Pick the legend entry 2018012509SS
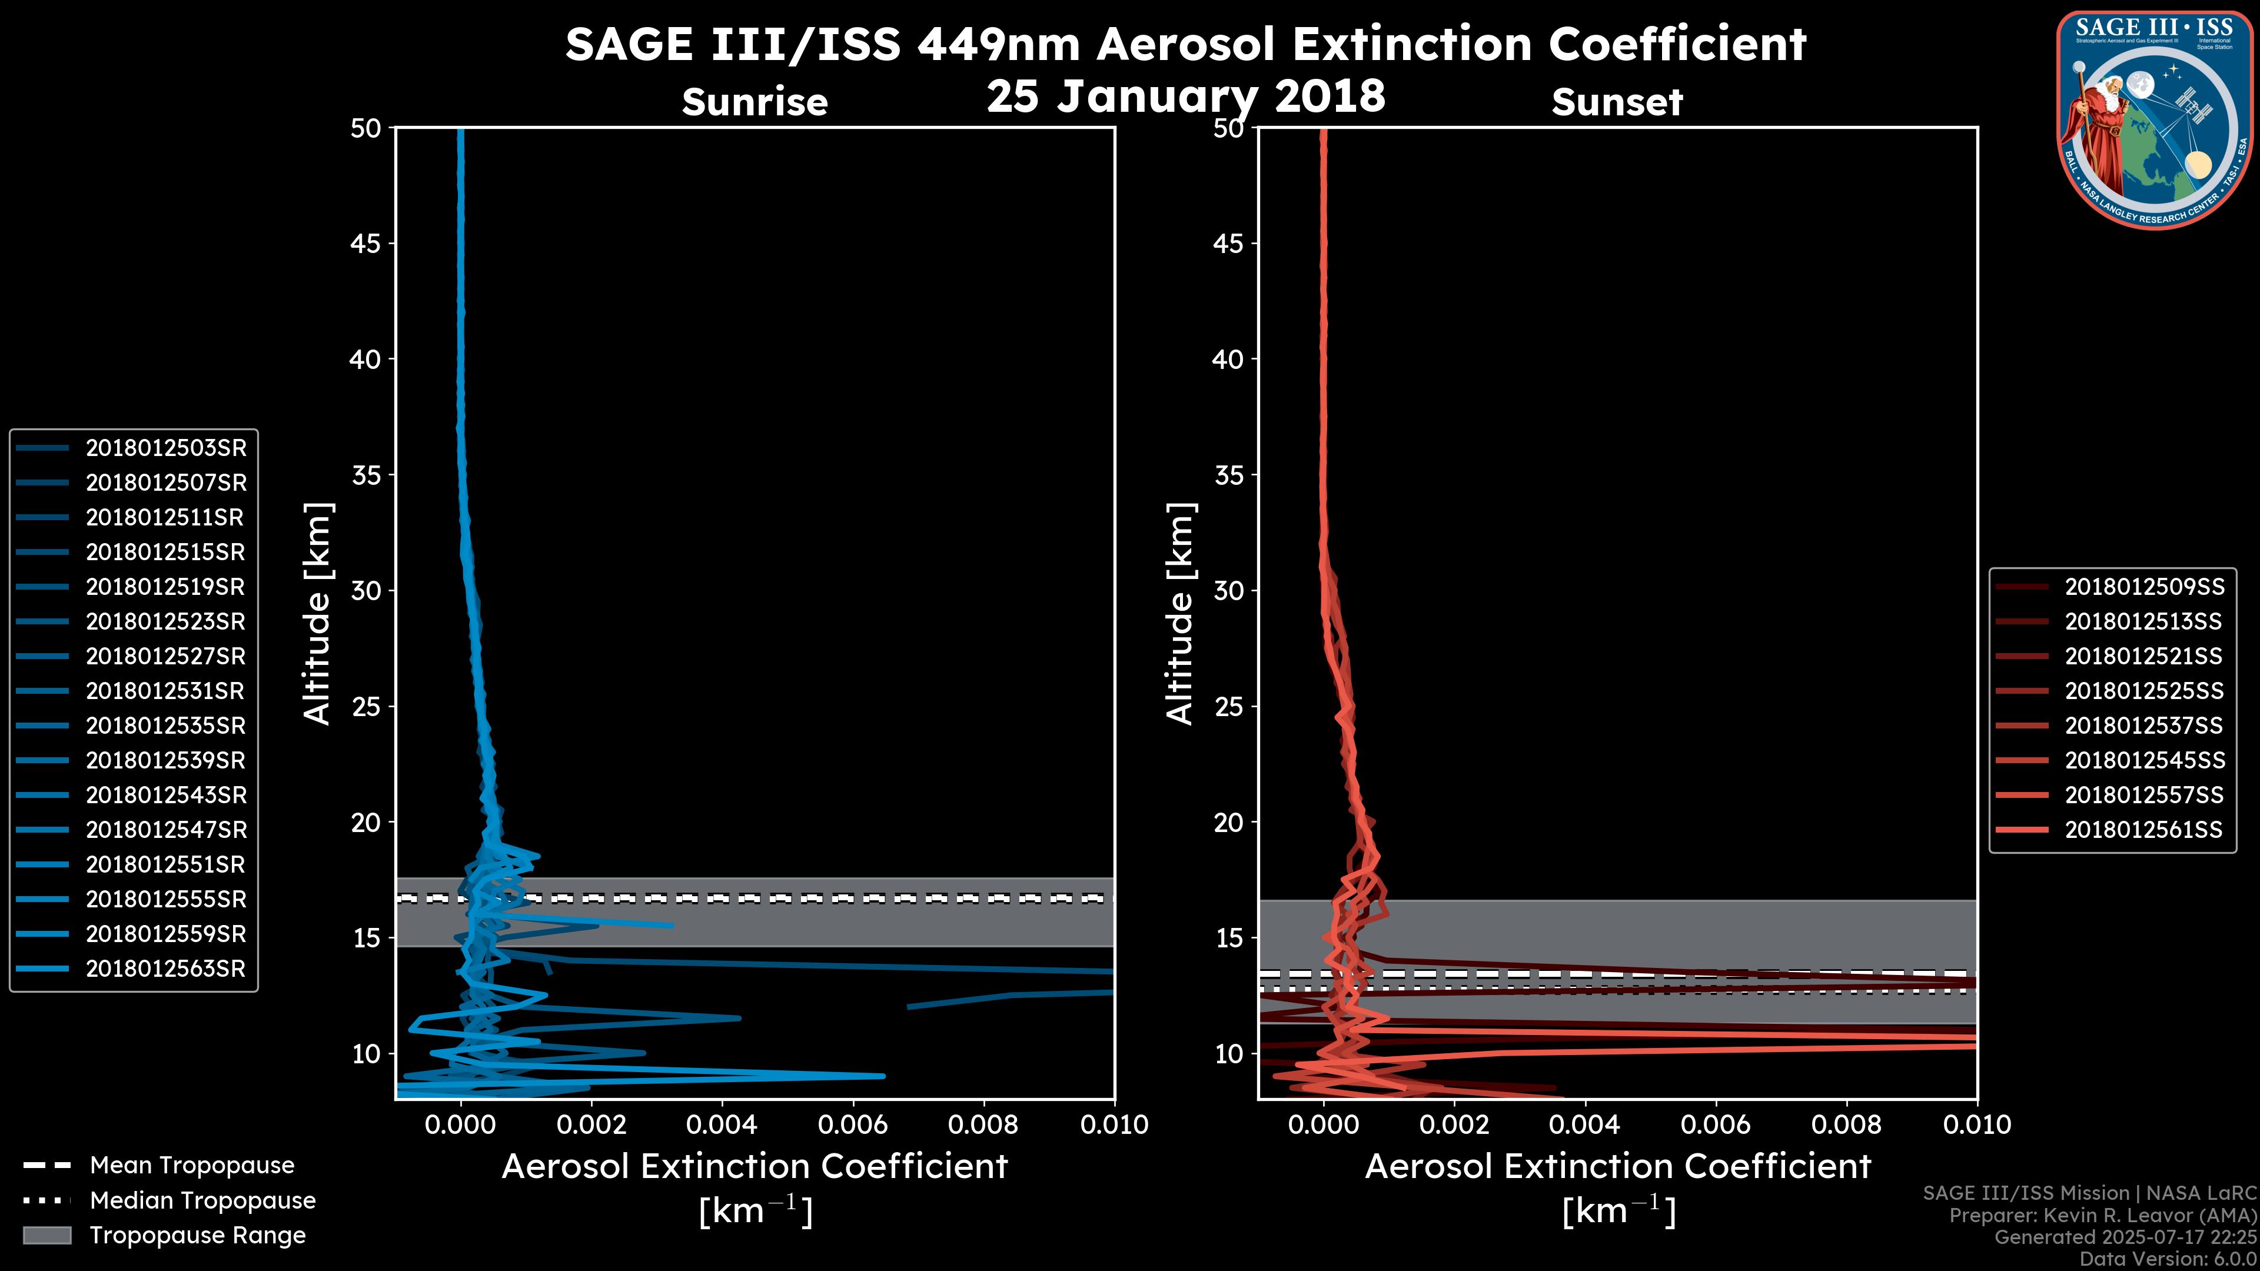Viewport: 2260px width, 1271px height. (x=2143, y=587)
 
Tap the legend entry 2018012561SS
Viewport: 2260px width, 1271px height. (x=2143, y=830)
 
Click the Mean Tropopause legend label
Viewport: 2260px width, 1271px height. (x=192, y=1166)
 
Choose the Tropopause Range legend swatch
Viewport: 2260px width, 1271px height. (x=46, y=1235)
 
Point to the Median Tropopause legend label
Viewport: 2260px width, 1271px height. (x=202, y=1201)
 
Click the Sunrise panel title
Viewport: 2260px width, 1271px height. (x=755, y=102)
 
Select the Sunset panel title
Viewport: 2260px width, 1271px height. (x=1617, y=102)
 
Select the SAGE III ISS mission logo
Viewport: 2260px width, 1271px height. (x=2153, y=119)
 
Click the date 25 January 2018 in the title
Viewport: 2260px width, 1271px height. (x=1185, y=97)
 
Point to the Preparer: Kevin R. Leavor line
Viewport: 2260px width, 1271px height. (x=2102, y=1216)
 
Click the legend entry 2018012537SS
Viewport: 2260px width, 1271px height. (x=2143, y=726)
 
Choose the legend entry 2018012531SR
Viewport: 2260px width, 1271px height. (x=165, y=691)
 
